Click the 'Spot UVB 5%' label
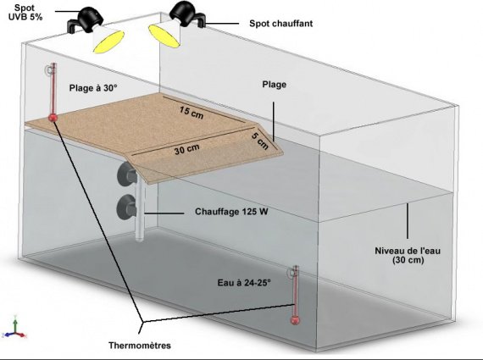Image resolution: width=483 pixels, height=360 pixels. point(25,13)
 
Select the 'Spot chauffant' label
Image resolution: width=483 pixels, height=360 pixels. point(281,24)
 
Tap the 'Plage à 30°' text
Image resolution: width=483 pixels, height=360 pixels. point(93,88)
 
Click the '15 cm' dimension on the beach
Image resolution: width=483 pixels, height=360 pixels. point(192,112)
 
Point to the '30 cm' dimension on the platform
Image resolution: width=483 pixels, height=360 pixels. point(186,149)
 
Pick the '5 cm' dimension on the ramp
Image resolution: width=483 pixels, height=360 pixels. point(260,141)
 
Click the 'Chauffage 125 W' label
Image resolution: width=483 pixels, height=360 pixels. point(231,212)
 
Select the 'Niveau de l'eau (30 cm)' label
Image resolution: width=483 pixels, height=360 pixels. point(408,255)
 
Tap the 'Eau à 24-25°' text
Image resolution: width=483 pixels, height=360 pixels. point(244,283)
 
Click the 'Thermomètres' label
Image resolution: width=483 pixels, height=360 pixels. point(140,346)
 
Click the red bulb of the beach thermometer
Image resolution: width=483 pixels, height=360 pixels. point(53,118)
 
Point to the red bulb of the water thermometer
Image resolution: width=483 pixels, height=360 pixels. point(295,320)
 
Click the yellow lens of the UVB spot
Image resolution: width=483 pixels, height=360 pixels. point(108,42)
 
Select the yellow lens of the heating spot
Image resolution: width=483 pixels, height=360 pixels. point(164,36)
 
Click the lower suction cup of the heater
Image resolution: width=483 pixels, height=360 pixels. point(126,208)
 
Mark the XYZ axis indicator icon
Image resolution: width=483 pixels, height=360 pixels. point(14,329)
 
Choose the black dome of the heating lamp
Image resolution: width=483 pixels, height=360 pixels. point(184,13)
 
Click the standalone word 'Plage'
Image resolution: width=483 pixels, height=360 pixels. point(275,85)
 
